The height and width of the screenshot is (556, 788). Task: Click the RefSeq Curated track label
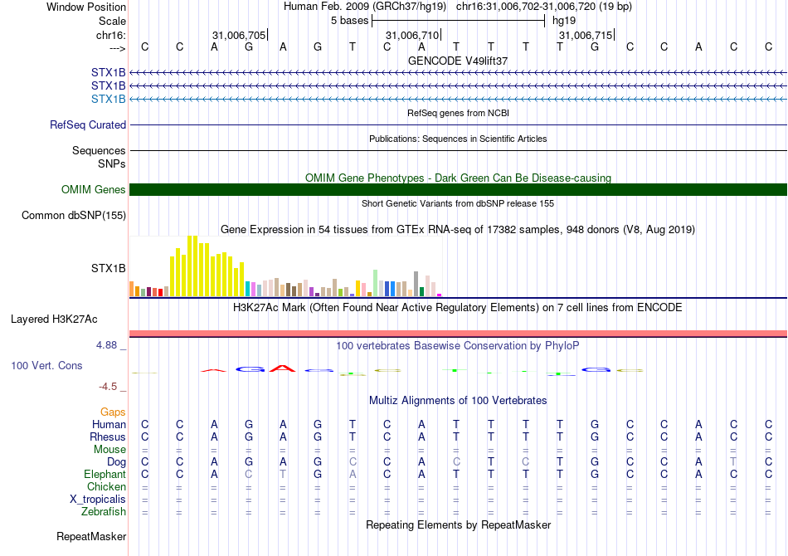pyautogui.click(x=88, y=125)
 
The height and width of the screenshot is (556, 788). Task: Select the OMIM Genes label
pyautogui.click(x=94, y=190)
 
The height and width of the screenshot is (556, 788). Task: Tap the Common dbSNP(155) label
pyautogui.click(x=74, y=216)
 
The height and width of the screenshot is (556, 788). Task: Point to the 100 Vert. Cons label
pyautogui.click(x=46, y=365)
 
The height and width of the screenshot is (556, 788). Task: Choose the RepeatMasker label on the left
pyautogui.click(x=91, y=537)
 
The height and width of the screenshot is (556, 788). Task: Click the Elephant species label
pyautogui.click(x=105, y=475)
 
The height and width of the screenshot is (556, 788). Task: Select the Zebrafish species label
pyautogui.click(x=104, y=512)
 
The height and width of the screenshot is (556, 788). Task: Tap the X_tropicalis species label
pyautogui.click(x=98, y=500)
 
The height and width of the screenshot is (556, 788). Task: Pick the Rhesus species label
pyautogui.click(x=108, y=437)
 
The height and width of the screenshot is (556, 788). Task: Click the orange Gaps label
pyautogui.click(x=113, y=412)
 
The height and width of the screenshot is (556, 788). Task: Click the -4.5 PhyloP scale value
pyautogui.click(x=110, y=387)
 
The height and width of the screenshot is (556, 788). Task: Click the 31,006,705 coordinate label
pyautogui.click(x=239, y=36)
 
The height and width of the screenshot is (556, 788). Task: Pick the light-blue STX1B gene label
pyautogui.click(x=109, y=99)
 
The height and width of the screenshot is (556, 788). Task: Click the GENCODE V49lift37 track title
pyautogui.click(x=458, y=61)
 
